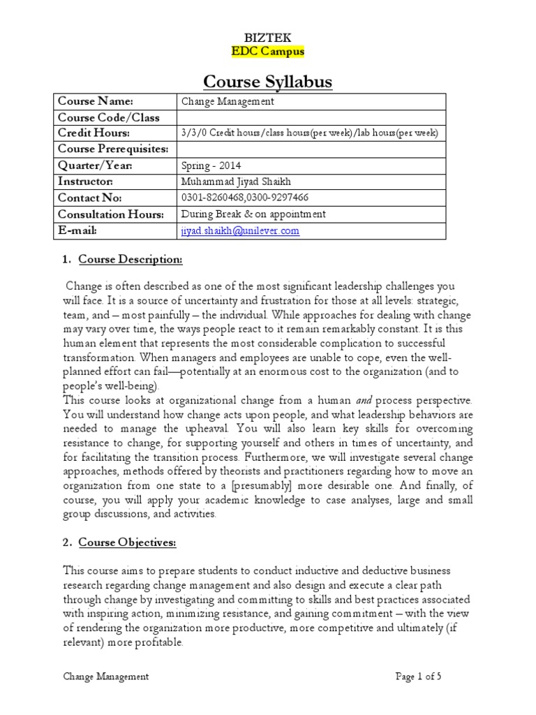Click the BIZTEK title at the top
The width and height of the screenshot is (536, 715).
click(x=268, y=38)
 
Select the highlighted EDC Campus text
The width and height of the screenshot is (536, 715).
click(x=268, y=52)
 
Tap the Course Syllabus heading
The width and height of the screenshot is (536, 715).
click(x=268, y=82)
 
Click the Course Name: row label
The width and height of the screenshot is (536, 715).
click(x=95, y=101)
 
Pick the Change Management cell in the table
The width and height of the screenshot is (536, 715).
click(x=228, y=101)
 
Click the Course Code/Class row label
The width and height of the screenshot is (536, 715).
click(x=108, y=117)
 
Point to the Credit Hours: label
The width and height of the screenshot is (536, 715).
click(x=94, y=133)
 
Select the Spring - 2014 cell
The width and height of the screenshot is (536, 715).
click(x=209, y=165)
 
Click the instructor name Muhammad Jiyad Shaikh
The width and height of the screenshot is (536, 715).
click(x=235, y=182)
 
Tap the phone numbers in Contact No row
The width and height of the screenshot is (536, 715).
click(x=244, y=198)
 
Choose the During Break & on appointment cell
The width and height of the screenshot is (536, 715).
click(x=253, y=214)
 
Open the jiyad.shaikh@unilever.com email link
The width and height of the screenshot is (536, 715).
click(x=240, y=231)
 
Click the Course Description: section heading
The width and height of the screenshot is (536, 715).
click(x=131, y=260)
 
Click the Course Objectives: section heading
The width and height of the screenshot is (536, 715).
click(x=127, y=543)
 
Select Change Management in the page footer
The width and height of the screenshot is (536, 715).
click(x=105, y=676)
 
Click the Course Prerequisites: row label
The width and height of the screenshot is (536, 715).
click(x=113, y=149)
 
